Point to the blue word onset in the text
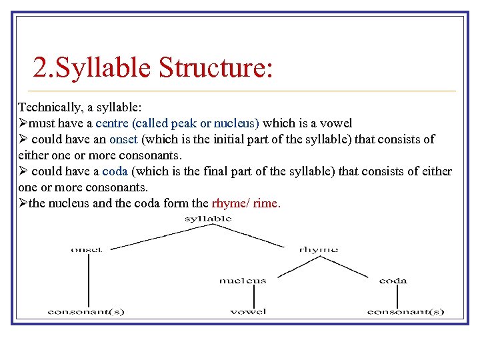tap(123, 139)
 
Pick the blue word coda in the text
tap(115, 171)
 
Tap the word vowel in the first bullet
tap(336, 123)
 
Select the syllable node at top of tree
tap(209, 218)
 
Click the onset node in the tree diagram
tap(87, 250)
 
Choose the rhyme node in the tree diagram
tap(319, 250)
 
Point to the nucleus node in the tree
tap(243, 281)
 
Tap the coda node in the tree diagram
tap(393, 281)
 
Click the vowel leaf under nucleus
tap(248, 311)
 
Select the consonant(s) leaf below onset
tap(86, 311)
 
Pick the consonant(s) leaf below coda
tap(406, 311)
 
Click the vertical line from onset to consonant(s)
tap(89, 280)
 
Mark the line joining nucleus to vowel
tap(245, 295)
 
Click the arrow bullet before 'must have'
tap(23, 123)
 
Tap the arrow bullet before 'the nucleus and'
tap(23, 203)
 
